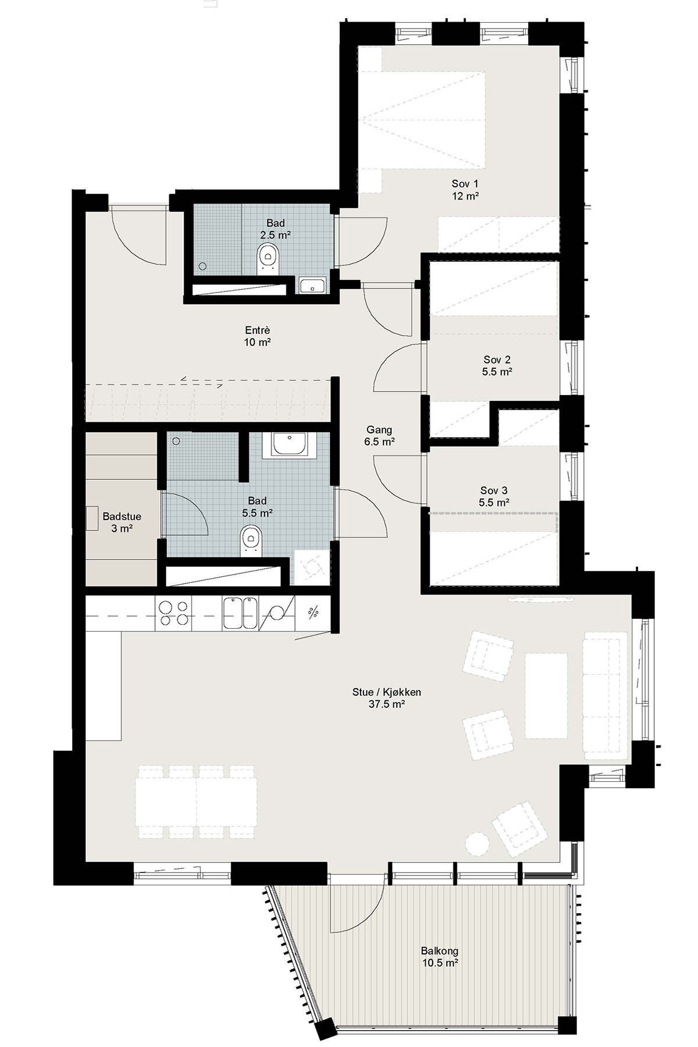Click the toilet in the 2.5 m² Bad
click(268, 258)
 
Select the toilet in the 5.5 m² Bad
click(251, 539)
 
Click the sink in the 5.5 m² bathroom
click(290, 445)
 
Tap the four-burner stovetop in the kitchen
click(174, 613)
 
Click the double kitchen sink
click(240, 613)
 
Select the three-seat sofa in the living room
click(606, 696)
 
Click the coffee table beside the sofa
click(546, 695)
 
